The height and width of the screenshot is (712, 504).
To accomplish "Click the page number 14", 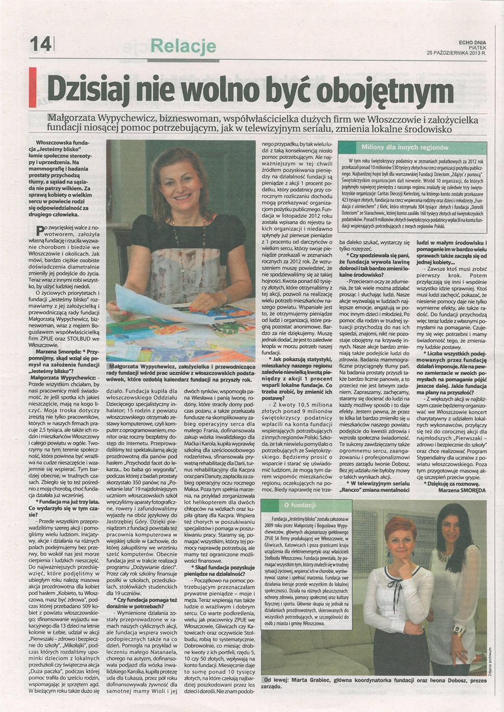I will (41, 44).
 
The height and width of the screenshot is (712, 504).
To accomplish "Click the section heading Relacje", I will (183, 46).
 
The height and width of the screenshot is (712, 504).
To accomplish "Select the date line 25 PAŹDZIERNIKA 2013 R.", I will (456, 53).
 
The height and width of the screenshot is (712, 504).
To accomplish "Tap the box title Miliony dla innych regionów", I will (413, 147).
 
